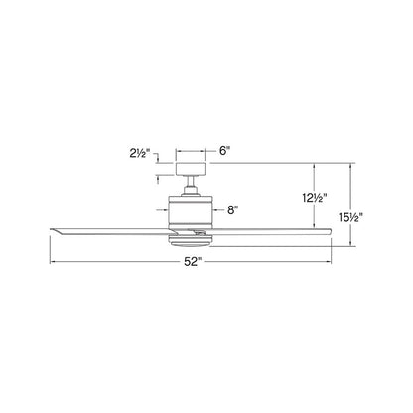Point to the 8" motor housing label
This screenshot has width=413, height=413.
(232, 209)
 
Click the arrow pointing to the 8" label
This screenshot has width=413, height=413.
(216, 209)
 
